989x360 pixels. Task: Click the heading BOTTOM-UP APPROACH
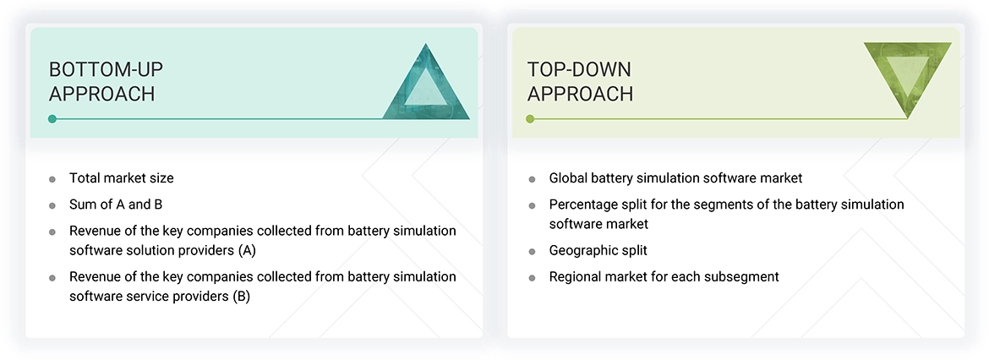click(x=102, y=81)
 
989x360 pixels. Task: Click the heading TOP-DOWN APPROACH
click(x=580, y=81)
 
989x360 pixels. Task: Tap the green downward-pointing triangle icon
click(x=907, y=79)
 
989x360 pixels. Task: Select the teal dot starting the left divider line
click(x=52, y=119)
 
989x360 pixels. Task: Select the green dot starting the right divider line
click(x=530, y=119)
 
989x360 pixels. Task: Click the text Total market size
click(x=121, y=178)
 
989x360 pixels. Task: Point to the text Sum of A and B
click(x=115, y=205)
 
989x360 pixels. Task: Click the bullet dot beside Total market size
click(x=52, y=179)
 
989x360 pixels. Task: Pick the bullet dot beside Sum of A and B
click(x=52, y=205)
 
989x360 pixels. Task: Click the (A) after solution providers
click(x=246, y=250)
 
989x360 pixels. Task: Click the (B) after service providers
click(x=241, y=297)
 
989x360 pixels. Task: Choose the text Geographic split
click(x=598, y=250)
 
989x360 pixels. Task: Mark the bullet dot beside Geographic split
click(x=532, y=252)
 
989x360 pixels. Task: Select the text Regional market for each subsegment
click(x=664, y=276)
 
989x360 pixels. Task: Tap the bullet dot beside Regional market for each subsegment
click(x=532, y=278)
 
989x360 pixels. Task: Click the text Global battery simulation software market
click(x=675, y=178)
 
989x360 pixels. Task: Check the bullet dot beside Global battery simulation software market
click(x=532, y=179)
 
